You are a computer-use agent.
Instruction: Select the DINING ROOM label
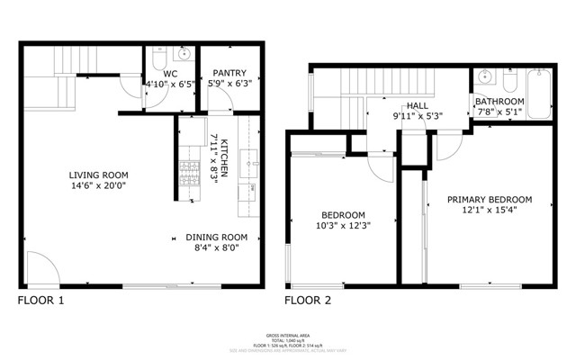tap(216, 238)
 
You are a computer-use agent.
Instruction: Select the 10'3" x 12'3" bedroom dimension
tap(344, 226)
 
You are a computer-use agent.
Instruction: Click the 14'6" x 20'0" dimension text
tap(99, 187)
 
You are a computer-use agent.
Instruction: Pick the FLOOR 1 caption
tap(41, 301)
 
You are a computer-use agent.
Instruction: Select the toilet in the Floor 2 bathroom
tap(509, 84)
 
